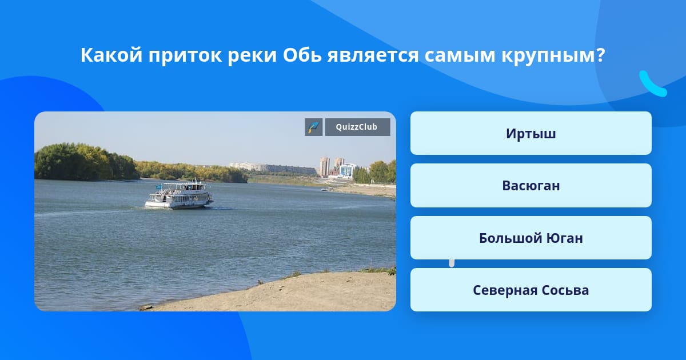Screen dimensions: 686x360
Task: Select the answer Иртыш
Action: [531, 134]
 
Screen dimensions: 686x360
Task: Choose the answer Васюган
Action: [531, 186]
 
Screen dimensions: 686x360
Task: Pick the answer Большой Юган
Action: [531, 238]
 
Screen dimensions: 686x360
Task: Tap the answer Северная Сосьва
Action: [531, 290]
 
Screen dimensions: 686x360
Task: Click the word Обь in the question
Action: [302, 55]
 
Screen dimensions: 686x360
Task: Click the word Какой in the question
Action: [111, 55]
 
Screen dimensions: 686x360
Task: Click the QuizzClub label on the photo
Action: [357, 127]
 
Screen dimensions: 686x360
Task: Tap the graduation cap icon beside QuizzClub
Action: [314, 127]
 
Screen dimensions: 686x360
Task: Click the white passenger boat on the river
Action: [179, 195]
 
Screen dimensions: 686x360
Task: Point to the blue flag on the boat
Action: [159, 186]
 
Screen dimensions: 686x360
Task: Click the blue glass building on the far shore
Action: [348, 170]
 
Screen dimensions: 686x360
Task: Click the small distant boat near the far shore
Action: [327, 189]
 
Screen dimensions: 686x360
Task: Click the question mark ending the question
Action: [601, 55]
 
